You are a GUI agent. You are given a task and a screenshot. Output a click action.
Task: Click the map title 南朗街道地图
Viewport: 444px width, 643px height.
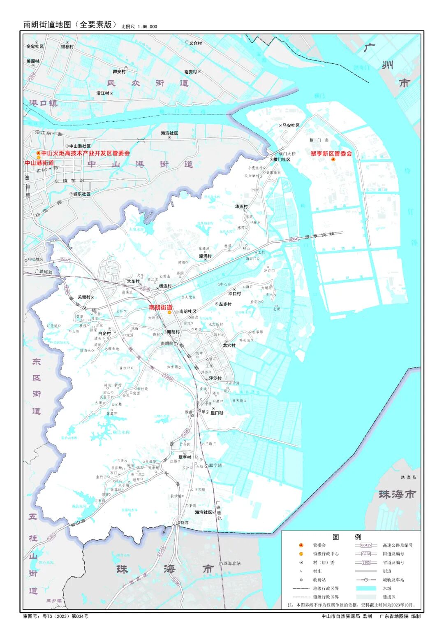(47, 24)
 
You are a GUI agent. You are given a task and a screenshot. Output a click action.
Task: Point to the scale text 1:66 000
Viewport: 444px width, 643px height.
(147, 27)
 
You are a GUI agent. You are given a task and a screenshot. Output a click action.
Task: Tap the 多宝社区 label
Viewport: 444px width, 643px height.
(35, 46)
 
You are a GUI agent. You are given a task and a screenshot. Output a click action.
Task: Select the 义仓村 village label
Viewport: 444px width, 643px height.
(196, 43)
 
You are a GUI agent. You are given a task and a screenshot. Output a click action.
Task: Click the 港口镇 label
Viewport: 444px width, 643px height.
(43, 103)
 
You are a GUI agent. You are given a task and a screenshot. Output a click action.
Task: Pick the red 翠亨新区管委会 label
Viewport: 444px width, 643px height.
(331, 153)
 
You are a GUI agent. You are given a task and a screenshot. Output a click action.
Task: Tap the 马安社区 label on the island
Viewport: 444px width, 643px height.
(291, 125)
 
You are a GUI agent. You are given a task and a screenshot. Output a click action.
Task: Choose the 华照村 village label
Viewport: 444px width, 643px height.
(241, 207)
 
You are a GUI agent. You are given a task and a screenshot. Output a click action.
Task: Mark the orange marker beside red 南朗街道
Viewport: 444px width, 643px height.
(169, 313)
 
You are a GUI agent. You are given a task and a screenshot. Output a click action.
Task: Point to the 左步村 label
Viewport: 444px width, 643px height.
(225, 304)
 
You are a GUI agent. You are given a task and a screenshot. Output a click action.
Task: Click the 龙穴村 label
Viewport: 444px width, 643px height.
(229, 345)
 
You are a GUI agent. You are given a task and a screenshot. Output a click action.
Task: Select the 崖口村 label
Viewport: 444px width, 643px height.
(217, 413)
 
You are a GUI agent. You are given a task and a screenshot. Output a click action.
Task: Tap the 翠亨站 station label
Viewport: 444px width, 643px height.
(215, 465)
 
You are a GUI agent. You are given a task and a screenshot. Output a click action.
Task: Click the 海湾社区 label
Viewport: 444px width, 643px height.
(203, 512)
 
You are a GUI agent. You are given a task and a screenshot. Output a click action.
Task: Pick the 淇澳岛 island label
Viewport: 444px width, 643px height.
(409, 477)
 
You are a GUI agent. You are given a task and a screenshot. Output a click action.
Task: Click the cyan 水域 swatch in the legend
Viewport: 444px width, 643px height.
(366, 588)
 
